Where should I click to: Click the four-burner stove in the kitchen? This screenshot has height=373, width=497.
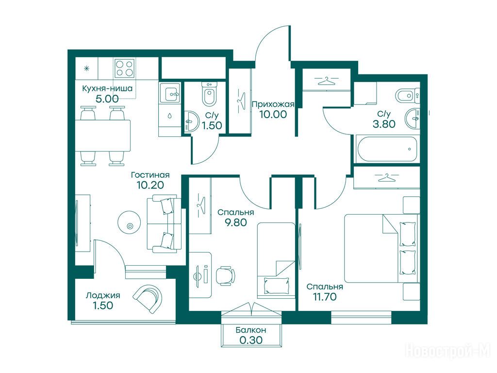click(x=124, y=68)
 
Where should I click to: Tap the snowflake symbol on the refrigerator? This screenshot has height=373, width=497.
click(x=86, y=68)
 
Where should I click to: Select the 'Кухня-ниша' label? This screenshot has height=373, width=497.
click(x=107, y=88)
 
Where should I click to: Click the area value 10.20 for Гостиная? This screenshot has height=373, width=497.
click(x=150, y=185)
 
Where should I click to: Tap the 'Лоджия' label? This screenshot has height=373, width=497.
click(x=103, y=296)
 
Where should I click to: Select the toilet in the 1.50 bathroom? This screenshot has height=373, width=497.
click(x=209, y=93)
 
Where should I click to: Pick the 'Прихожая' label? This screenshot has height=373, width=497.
click(x=273, y=104)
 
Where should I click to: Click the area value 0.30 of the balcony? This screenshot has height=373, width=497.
click(x=251, y=340)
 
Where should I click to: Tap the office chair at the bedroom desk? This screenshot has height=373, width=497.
click(x=225, y=275)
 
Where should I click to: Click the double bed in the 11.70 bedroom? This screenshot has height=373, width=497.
click(x=381, y=248)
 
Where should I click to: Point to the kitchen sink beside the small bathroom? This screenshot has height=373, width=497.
click(x=170, y=93)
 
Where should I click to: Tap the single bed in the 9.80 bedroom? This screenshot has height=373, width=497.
click(x=276, y=260)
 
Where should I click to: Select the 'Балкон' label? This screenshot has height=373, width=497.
click(x=251, y=330)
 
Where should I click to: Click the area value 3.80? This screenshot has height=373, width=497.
click(x=384, y=124)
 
